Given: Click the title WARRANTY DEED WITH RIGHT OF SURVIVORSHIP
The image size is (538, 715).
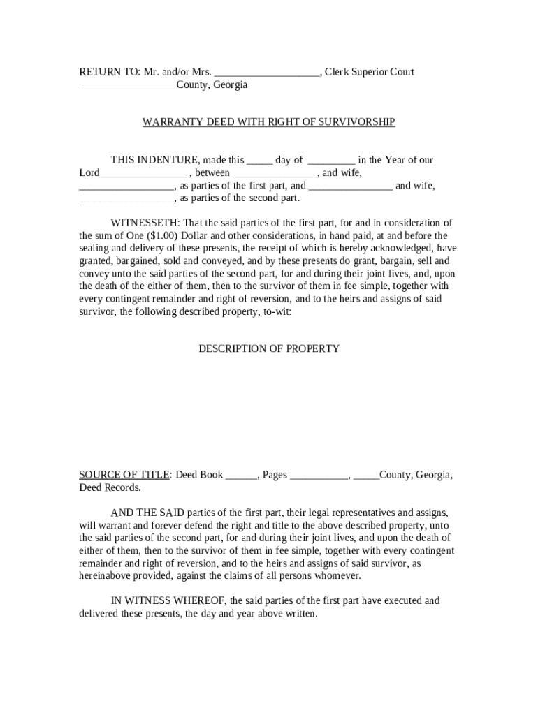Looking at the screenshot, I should pyautogui.click(x=268, y=122).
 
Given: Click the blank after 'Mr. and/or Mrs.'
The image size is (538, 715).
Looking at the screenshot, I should pyautogui.click(x=267, y=73).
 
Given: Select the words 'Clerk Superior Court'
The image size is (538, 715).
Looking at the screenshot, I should pyautogui.click(x=370, y=72).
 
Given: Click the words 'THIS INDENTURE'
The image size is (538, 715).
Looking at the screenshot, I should pyautogui.click(x=155, y=160).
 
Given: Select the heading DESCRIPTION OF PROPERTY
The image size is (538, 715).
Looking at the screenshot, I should pyautogui.click(x=269, y=348).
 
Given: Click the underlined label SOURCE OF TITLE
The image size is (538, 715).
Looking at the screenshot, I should pyautogui.click(x=124, y=475).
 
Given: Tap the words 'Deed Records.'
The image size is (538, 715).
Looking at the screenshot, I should pyautogui.click(x=110, y=487).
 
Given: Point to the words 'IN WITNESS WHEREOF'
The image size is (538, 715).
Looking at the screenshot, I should pyautogui.click(x=168, y=600).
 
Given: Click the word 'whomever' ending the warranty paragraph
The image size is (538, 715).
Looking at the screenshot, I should pyautogui.click(x=338, y=576).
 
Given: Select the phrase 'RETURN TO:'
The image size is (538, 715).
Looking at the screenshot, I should pyautogui.click(x=108, y=72).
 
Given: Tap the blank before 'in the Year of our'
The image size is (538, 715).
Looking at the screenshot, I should pyautogui.click(x=331, y=161).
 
